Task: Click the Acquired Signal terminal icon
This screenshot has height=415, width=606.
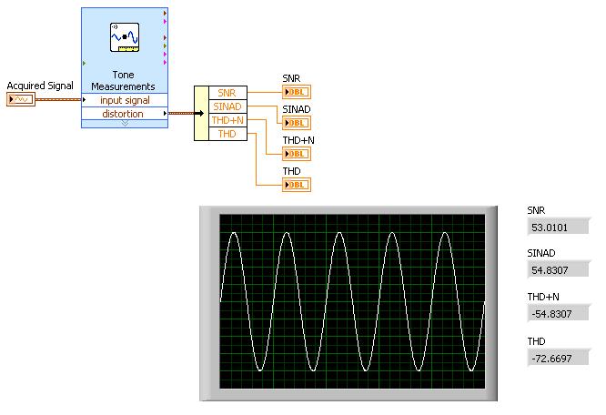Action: [x=20, y=98]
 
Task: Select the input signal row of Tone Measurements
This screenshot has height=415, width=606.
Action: [x=125, y=100]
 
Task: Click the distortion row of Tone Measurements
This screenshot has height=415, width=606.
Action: [x=122, y=114]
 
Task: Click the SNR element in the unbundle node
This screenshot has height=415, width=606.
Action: [x=226, y=92]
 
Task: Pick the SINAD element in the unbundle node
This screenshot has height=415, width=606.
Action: [x=226, y=106]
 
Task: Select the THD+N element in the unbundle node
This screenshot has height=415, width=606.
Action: [x=226, y=119]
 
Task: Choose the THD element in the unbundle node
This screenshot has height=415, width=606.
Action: [x=226, y=134]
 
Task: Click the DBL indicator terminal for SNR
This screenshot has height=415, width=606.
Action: [x=296, y=92]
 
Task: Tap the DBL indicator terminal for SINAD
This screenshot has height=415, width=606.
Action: [x=296, y=123]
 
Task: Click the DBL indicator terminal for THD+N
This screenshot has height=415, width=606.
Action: [x=296, y=154]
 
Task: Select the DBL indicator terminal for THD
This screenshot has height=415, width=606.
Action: [x=296, y=185]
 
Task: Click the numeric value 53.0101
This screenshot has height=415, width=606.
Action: [x=555, y=227]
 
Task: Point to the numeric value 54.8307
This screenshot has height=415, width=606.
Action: [x=555, y=270]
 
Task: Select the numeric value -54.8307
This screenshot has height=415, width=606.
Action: [x=555, y=313]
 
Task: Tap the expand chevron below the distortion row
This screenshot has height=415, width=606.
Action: [x=125, y=125]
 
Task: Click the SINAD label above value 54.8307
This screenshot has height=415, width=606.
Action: [x=541, y=253]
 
